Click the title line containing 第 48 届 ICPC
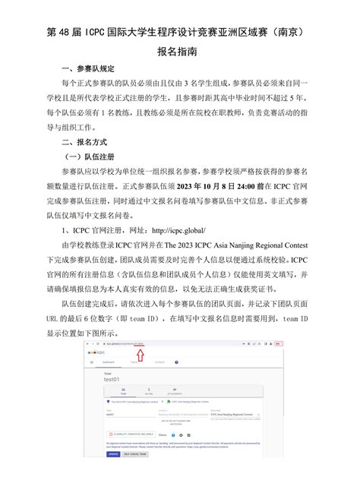coord(179,33)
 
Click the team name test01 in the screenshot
coord(111,381)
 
